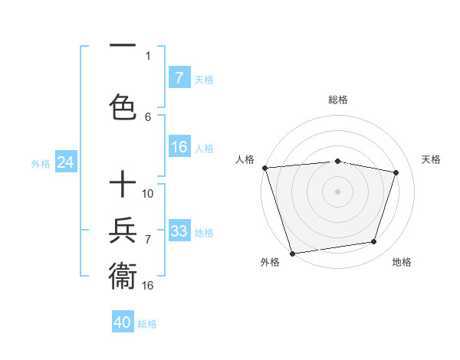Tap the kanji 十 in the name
(x=123, y=185)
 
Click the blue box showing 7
(x=179, y=78)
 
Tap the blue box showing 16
(x=179, y=147)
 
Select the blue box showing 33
(x=179, y=231)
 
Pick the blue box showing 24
(x=66, y=162)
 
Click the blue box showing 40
(x=123, y=322)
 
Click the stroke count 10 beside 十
(x=148, y=194)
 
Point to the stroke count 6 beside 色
(x=148, y=116)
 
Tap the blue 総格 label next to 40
(x=148, y=324)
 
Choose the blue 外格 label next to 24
(x=41, y=164)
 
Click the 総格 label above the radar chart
(x=337, y=100)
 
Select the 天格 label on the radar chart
(x=432, y=159)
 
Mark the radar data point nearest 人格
(x=264, y=168)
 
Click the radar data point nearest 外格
(x=292, y=252)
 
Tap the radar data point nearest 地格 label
(x=374, y=242)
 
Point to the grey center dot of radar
(x=337, y=191)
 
